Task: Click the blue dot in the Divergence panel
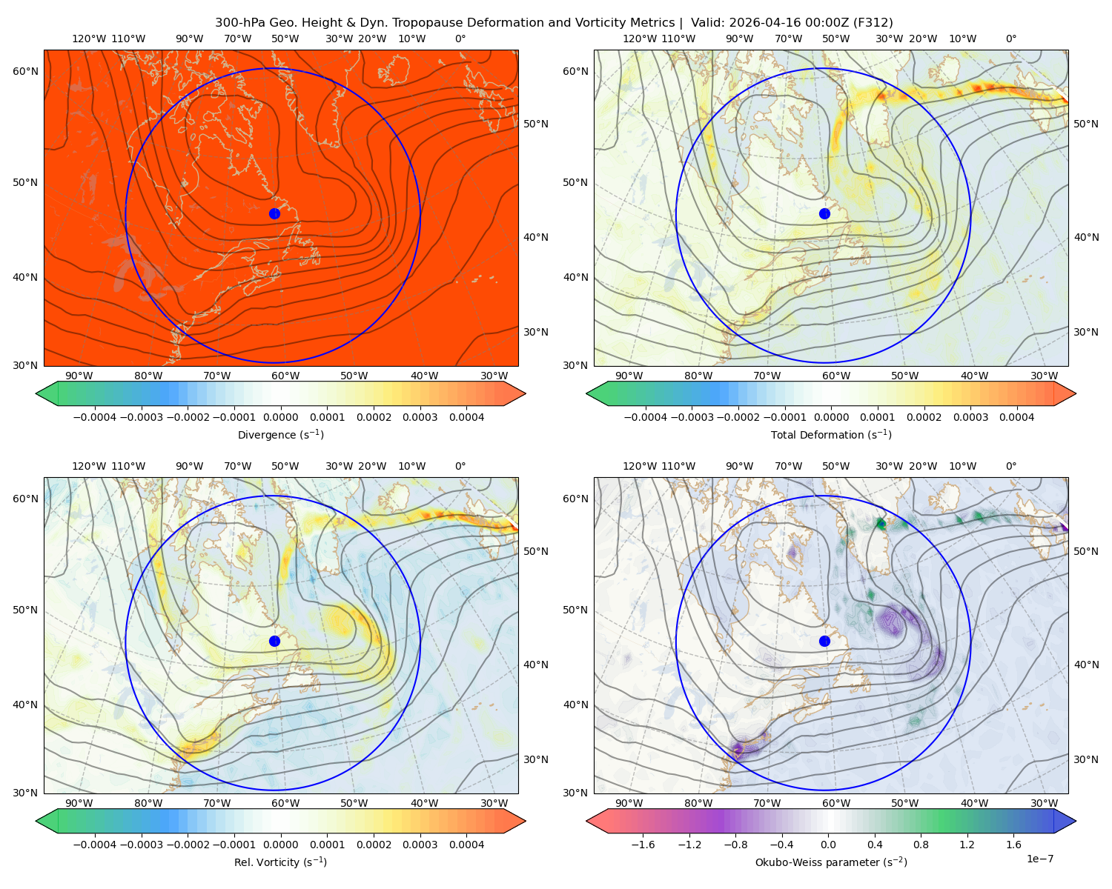coord(274,213)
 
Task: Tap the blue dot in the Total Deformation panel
coord(824,213)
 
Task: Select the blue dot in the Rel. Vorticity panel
coord(274,641)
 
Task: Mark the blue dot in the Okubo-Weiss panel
coord(824,641)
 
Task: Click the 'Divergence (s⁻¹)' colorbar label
coord(280,434)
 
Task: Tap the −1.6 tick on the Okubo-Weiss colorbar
coord(643,845)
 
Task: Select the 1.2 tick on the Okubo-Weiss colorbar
coord(967,845)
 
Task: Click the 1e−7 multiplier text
coord(1039,859)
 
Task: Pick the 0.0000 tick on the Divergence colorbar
coord(280,417)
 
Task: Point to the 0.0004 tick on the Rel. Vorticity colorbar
coord(466,845)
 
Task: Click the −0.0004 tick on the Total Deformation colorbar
coord(646,417)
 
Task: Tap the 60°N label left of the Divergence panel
coord(25,71)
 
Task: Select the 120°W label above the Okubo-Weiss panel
coord(639,466)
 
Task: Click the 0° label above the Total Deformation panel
coord(1010,39)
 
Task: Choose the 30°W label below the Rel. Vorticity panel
coord(494,803)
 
